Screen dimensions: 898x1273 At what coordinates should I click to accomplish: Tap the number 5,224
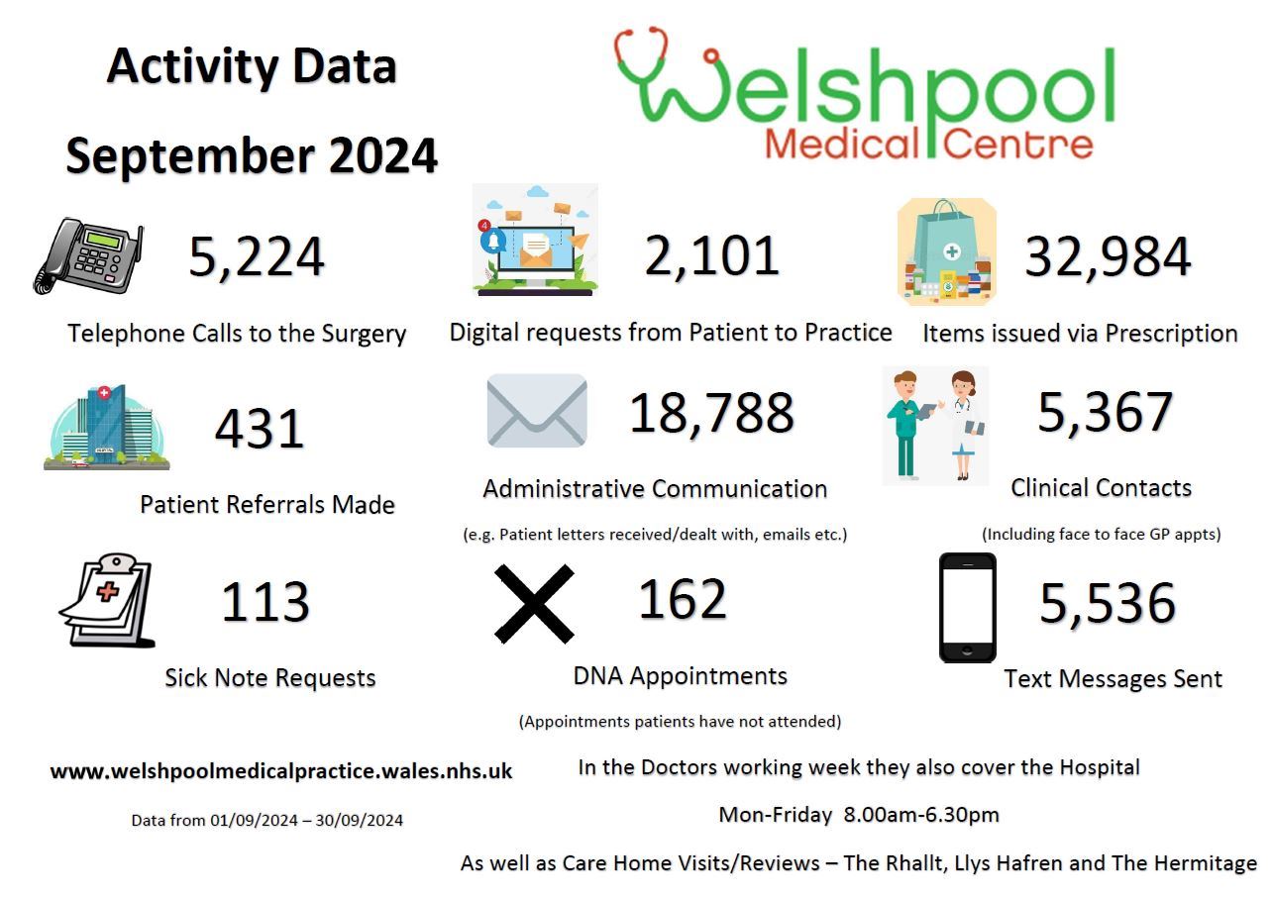pyautogui.click(x=257, y=256)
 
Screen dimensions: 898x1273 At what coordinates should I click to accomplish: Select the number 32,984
pyautogui.click(x=1108, y=256)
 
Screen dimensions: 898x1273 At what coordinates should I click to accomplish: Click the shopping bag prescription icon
pyautogui.click(x=946, y=251)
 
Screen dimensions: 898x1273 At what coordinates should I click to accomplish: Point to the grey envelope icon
pyautogui.click(x=537, y=410)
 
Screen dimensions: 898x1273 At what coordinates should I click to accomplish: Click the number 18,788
pyautogui.click(x=711, y=413)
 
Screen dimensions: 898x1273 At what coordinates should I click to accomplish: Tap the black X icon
pyautogui.click(x=534, y=604)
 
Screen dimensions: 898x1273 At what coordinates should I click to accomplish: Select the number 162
pyautogui.click(x=682, y=599)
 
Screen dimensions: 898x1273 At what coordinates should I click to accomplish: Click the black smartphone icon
pyautogui.click(x=967, y=607)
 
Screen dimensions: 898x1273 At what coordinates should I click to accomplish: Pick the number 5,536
pyautogui.click(x=1107, y=603)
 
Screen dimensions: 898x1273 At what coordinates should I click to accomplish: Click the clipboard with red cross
pyautogui.click(x=107, y=600)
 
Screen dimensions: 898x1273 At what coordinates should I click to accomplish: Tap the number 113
pyautogui.click(x=265, y=602)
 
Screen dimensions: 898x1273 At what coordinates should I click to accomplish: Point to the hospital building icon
pyautogui.click(x=106, y=427)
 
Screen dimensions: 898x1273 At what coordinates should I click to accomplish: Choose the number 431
pyautogui.click(x=260, y=429)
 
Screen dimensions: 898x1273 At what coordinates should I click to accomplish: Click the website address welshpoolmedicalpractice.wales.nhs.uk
pyautogui.click(x=281, y=771)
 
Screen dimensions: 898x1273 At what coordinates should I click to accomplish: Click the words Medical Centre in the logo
pyautogui.click(x=928, y=145)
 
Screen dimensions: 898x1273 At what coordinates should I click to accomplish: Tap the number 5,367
pyautogui.click(x=1105, y=412)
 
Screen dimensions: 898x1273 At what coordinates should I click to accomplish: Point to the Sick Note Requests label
pyautogui.click(x=269, y=678)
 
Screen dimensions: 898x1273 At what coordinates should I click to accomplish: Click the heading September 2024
pyautogui.click(x=252, y=156)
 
